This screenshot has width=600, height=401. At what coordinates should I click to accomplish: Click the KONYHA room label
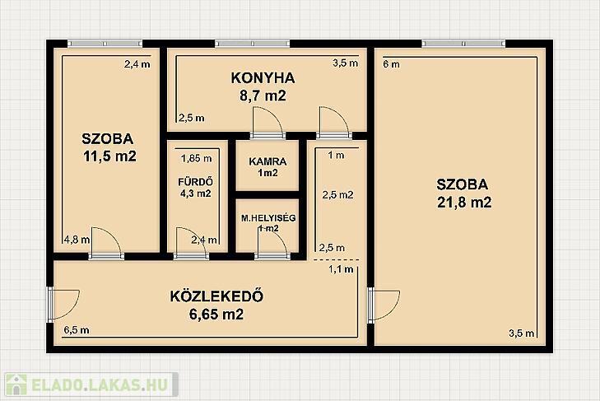click(263, 77)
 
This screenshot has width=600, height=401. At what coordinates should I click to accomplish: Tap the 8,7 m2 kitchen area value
click(263, 96)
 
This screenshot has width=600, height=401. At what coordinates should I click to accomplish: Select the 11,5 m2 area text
click(109, 156)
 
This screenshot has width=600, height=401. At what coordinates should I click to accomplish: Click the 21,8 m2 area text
click(464, 202)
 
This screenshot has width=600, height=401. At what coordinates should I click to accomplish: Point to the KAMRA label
click(267, 161)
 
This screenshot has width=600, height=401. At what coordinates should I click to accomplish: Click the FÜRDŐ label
click(196, 181)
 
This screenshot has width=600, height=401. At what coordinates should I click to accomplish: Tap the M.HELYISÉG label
click(268, 218)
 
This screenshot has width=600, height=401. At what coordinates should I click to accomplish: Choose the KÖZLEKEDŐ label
click(216, 296)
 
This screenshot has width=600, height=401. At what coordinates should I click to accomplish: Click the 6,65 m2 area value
click(216, 315)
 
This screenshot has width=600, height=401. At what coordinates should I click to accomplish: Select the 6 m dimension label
click(391, 64)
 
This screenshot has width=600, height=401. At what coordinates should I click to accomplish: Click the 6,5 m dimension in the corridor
click(77, 329)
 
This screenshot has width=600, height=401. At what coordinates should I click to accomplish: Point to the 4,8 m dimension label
click(77, 240)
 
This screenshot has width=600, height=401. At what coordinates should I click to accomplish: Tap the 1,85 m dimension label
click(197, 158)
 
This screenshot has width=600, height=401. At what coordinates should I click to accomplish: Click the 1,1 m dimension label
click(341, 269)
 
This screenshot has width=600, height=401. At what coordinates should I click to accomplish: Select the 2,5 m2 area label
click(338, 195)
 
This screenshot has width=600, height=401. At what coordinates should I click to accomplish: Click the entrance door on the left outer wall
click(63, 305)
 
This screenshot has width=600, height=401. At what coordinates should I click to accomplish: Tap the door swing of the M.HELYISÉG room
click(272, 243)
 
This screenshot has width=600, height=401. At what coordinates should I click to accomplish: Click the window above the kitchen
click(253, 44)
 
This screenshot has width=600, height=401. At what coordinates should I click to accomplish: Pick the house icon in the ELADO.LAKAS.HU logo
click(16, 385)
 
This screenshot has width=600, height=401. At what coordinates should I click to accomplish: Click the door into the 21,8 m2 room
click(384, 305)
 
